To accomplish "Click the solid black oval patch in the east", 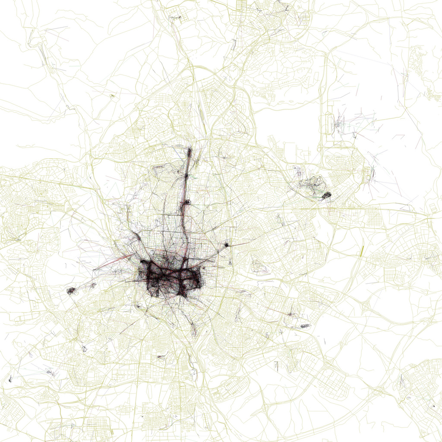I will click(x=327, y=195).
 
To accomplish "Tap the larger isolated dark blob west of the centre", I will click(x=71, y=291).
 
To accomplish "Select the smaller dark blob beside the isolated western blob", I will click(x=93, y=285).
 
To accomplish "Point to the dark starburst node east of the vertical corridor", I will click(x=226, y=245).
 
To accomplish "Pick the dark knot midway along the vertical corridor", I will click(x=187, y=202).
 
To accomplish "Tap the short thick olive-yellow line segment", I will click(x=362, y=251).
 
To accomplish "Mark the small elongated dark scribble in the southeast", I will click(x=305, y=325).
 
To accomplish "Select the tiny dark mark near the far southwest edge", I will click(x=10, y=379).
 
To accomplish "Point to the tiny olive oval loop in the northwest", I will click(x=111, y=95).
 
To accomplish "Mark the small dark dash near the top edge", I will click(x=175, y=17).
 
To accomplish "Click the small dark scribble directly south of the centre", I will click(x=163, y=357).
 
